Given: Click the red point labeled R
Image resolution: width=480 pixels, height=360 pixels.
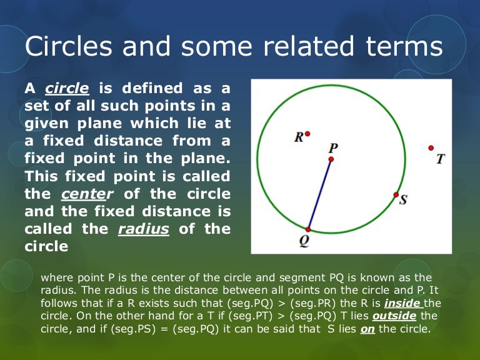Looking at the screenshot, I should pos(307,133).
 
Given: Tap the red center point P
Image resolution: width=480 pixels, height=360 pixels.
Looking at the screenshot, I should pos(331,159).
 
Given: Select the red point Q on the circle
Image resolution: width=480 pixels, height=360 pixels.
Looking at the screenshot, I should pos(308,229).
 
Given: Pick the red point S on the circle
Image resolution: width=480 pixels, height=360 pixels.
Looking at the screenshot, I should pos(396,195).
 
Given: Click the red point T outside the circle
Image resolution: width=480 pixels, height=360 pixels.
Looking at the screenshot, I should pos(431,147).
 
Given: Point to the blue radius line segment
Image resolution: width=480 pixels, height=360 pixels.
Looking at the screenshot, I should pos(320,194).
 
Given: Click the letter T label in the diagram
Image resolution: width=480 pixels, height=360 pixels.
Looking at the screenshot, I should pos(441,159).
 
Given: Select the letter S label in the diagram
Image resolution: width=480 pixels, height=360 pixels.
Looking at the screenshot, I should pos(403,200).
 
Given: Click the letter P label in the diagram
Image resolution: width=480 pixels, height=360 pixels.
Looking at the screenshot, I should pos(333,147).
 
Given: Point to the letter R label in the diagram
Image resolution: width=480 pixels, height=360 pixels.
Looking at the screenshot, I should pos(299,137).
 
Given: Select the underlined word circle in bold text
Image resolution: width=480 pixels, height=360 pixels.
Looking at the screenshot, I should pos(67,88).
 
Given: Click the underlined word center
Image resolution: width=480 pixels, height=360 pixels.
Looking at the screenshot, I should pos(84,194).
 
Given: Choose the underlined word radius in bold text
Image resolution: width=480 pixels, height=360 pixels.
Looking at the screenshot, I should pos(144,229).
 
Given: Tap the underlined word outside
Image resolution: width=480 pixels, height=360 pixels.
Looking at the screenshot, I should pos(389,315).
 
